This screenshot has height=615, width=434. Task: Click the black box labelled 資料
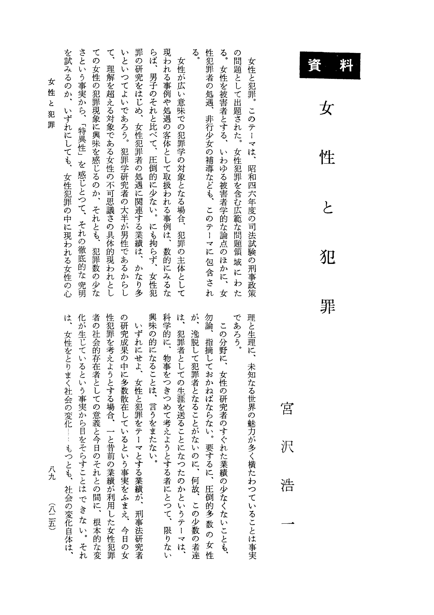pyautogui.click(x=330, y=65)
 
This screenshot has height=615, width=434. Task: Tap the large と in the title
pyautogui.click(x=327, y=207)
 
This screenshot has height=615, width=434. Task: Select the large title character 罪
pyautogui.click(x=328, y=306)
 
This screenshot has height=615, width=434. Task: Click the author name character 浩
pyautogui.click(x=287, y=484)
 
